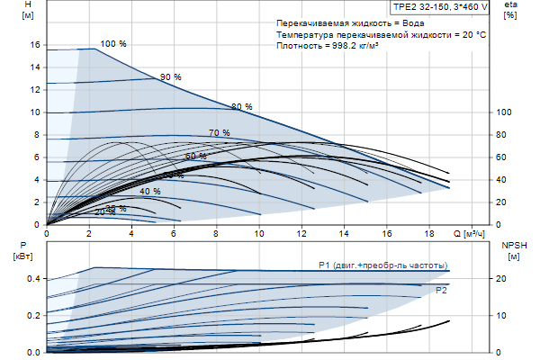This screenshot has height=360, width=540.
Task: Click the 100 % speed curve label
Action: tap(113, 44)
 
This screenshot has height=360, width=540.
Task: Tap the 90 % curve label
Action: tap(171, 77)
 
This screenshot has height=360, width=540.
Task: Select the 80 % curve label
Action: tap(242, 107)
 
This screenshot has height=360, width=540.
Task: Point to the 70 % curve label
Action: tap(220, 133)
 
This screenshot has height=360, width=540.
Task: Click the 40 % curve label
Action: tap(150, 192)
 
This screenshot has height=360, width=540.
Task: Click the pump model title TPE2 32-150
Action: tap(440, 6)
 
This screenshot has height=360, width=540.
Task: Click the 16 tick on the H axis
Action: tap(35, 44)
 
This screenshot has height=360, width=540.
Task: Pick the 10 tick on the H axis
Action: tap(35, 112)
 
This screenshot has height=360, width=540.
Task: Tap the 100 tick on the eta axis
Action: tap(505, 112)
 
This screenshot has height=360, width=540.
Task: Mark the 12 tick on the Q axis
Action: tap(301, 234)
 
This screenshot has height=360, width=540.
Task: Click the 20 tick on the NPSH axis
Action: tap(505, 278)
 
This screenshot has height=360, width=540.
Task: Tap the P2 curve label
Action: tap(441, 291)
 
